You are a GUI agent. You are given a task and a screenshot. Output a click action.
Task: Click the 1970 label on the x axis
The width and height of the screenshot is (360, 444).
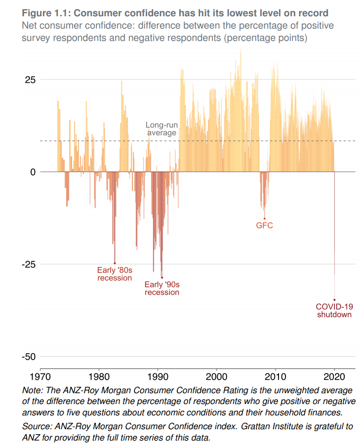point(40,377)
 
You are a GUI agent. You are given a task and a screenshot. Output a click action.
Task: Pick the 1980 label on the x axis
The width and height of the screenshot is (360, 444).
point(99,377)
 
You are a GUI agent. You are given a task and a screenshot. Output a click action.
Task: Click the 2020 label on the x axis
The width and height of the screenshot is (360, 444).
point(334,377)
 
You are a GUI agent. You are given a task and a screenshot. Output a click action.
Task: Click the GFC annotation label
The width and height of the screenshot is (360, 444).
point(264,226)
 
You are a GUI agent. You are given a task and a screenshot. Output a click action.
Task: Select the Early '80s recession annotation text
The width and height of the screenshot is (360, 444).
point(115,274)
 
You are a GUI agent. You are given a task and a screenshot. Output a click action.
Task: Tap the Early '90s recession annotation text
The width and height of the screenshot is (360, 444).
point(161,288)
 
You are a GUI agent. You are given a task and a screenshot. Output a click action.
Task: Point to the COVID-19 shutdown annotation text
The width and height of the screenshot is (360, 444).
point(334,310)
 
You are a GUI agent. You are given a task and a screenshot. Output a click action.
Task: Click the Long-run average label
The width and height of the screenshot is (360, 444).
point(161,129)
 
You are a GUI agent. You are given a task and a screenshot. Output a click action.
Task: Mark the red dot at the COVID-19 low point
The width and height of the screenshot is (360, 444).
point(334,299)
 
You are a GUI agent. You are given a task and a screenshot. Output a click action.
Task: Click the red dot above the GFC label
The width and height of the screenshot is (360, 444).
point(264,219)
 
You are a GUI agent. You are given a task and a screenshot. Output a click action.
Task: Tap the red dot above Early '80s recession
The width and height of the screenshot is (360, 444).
point(115,263)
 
